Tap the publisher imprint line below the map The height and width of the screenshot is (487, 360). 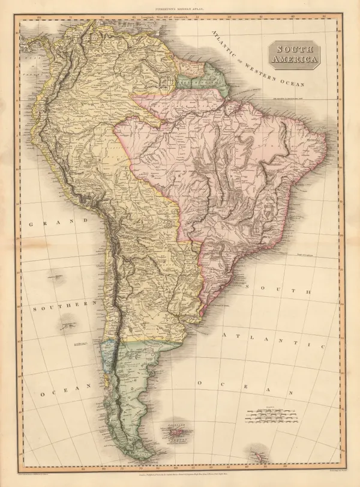pos(180,474)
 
